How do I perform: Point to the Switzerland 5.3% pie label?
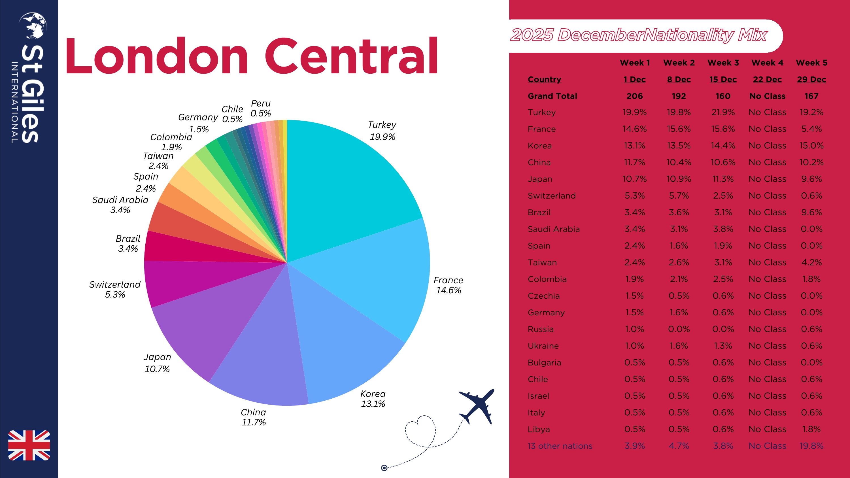(x=115, y=289)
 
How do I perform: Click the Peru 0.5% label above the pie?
(x=261, y=108)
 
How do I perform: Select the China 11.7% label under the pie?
(x=253, y=417)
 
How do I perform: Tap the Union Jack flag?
(x=29, y=445)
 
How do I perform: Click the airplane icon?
(x=477, y=406)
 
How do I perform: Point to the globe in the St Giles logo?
(x=33, y=25)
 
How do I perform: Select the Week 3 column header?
(x=723, y=63)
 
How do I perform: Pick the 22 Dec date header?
(x=767, y=80)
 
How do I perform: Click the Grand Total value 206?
(x=635, y=96)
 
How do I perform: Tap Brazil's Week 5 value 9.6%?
(x=811, y=212)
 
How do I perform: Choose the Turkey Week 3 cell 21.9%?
(x=723, y=112)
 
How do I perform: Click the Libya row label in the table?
(x=539, y=429)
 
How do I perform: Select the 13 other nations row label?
(x=560, y=446)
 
